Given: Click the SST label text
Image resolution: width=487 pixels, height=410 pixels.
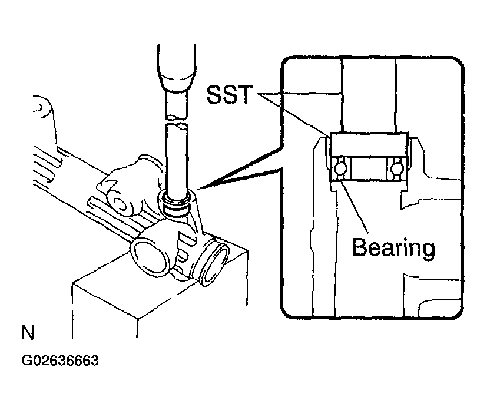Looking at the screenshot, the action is tap(230, 94).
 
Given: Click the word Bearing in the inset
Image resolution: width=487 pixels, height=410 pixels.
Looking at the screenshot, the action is tap(393, 248).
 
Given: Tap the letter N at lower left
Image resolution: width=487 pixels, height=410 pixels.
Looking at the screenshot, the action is tap(28, 332).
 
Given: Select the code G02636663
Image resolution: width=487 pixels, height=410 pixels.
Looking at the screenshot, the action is tap(60, 361).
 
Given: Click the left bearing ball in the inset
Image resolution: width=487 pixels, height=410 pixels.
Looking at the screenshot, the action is tap(340, 168).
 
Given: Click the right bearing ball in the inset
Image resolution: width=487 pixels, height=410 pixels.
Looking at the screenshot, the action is tap(397, 168).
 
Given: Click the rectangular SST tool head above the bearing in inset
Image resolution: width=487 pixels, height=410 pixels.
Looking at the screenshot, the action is tap(369, 144).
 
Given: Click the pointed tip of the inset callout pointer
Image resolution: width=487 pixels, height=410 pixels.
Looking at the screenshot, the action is tap(198, 189).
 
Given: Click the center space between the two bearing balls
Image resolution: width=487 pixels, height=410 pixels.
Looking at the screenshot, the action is tap(369, 168).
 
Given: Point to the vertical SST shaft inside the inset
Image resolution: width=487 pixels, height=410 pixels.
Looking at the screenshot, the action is tap(369, 95).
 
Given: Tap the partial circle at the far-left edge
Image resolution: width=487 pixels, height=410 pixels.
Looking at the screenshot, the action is tap(41, 107).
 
